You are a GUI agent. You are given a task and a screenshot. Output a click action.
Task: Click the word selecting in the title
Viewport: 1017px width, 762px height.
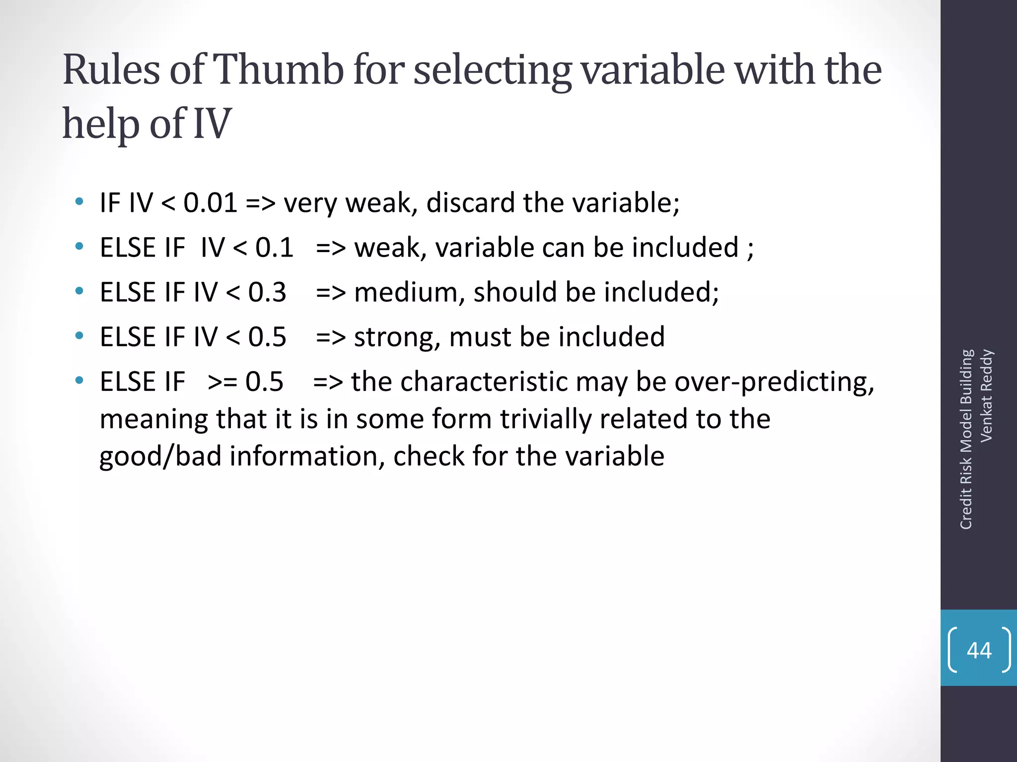pos(493,71)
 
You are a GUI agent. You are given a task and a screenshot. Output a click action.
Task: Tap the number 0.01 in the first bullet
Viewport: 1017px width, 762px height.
pos(210,203)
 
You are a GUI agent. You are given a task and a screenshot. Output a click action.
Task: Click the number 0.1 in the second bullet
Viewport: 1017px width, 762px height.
pos(274,248)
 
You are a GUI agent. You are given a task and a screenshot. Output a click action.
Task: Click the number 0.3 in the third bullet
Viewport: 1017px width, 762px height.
pos(267,292)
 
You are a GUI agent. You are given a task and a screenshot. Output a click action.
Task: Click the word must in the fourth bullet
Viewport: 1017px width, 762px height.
pos(480,337)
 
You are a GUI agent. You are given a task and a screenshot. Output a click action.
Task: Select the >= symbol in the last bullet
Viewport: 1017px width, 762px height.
pos(222,382)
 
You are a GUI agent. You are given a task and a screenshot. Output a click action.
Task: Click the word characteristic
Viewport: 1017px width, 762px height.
pos(484,382)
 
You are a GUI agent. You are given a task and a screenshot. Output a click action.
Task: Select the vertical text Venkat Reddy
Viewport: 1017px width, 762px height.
pos(986,395)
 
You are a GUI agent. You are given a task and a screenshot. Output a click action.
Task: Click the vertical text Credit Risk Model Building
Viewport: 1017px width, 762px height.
pos(966,440)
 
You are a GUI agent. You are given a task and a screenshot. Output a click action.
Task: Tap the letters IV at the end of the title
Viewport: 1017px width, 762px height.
pos(212,124)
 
